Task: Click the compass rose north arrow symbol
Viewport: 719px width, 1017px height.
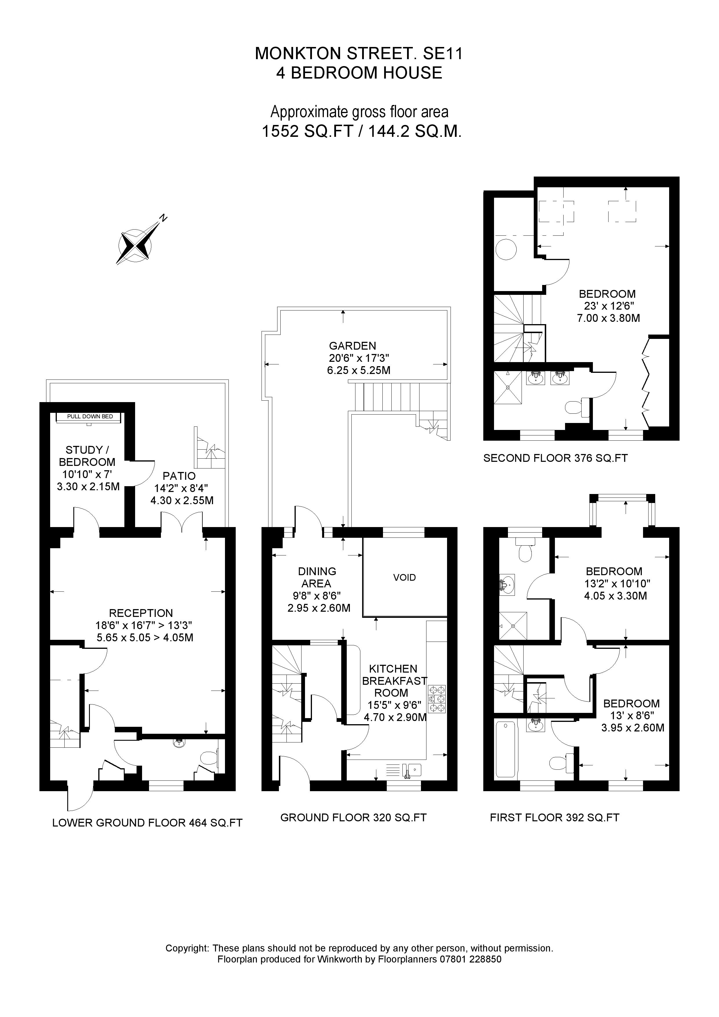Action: tap(135, 244)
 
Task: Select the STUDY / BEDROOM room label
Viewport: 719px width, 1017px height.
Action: tap(87, 456)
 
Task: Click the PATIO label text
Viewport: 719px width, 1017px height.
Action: tap(179, 476)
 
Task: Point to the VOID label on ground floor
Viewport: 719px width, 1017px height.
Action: tap(404, 577)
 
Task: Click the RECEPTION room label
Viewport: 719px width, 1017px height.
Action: tap(141, 613)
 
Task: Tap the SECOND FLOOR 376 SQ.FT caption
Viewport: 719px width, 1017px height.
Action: tap(555, 458)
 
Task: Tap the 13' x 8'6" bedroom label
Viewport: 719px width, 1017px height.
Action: tap(631, 715)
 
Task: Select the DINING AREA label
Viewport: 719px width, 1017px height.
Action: tap(317, 577)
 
